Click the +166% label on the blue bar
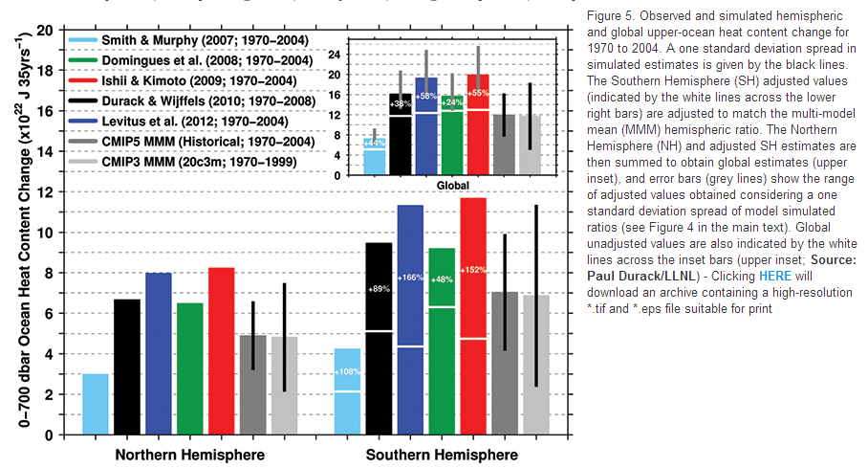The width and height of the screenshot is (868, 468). point(410,278)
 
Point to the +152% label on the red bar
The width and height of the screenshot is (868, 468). point(473,269)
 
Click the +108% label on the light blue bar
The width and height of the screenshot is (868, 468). point(347,370)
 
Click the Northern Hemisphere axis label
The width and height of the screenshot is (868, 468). point(189,454)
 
